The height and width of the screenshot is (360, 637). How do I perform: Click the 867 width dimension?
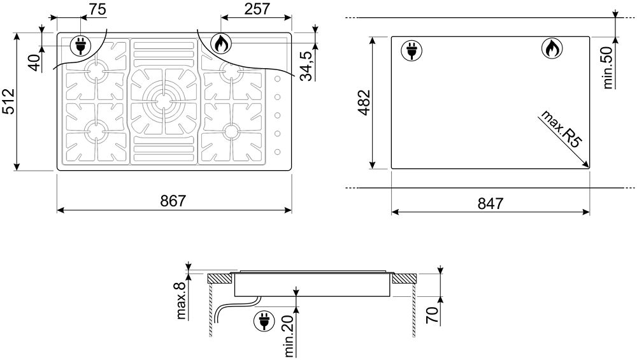click(x=173, y=201)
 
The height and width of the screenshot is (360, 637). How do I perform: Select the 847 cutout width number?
click(x=490, y=203)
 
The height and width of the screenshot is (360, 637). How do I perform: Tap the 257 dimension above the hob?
click(x=257, y=8)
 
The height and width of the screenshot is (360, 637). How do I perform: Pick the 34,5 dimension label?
click(x=307, y=66)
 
